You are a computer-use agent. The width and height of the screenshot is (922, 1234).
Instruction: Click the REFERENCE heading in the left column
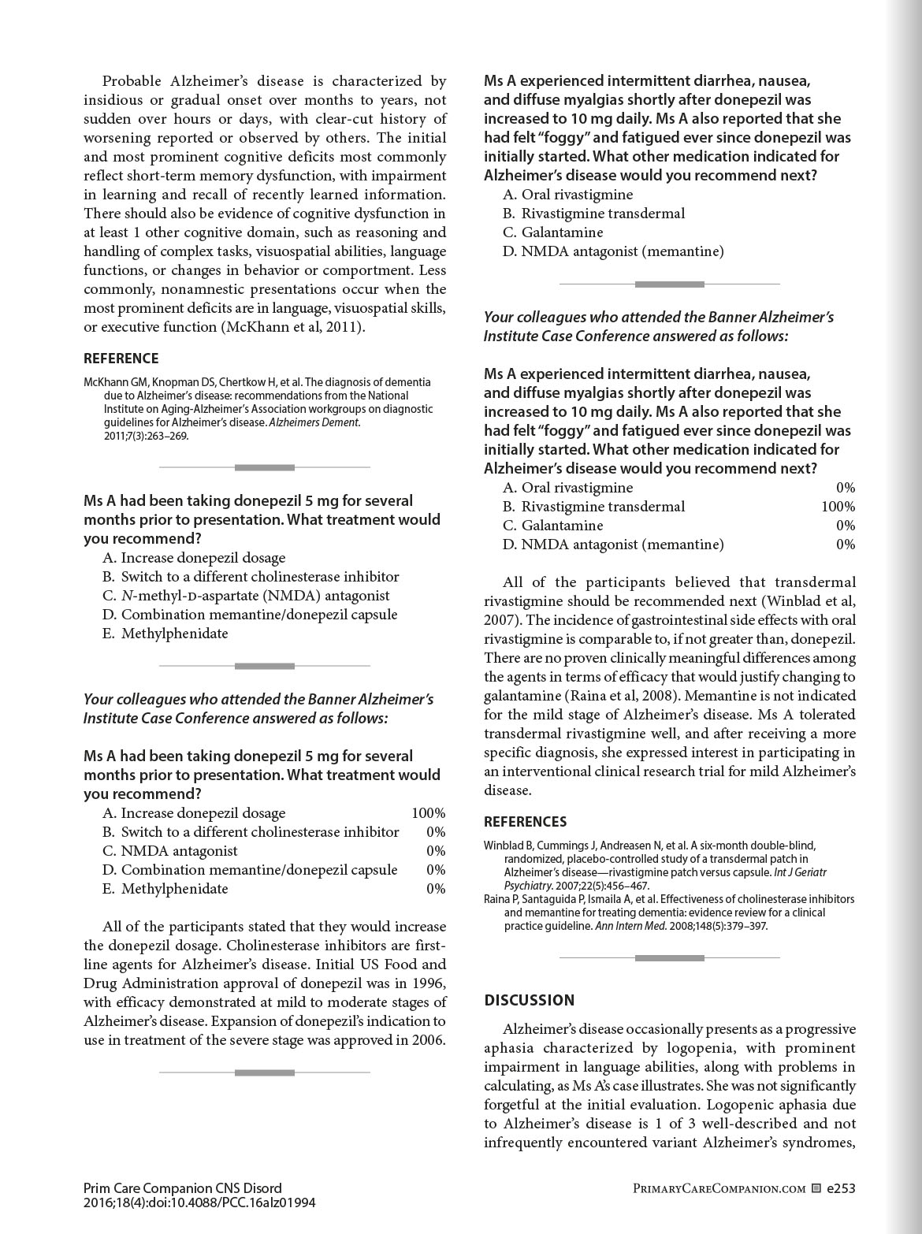pos(121,359)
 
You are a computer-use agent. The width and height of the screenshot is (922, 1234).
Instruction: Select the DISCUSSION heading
pos(529,1001)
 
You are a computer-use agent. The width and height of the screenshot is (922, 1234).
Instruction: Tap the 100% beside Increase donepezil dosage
pos(428,813)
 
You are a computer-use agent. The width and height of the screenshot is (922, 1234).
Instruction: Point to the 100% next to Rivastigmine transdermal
pos(838,507)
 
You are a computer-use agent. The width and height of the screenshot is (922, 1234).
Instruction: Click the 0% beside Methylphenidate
pos(436,889)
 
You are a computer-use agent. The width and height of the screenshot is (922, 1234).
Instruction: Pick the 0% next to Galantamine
pos(846,526)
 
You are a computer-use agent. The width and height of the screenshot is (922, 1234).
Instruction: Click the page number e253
pos(841,1188)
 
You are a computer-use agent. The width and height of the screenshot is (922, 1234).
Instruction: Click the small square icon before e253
pos(816,1188)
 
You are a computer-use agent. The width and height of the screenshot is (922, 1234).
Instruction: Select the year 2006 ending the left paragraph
pos(426,1040)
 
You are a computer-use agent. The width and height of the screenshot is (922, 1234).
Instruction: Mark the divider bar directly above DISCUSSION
pos(669,958)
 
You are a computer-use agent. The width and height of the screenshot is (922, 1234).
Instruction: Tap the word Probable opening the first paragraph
pos(132,81)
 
